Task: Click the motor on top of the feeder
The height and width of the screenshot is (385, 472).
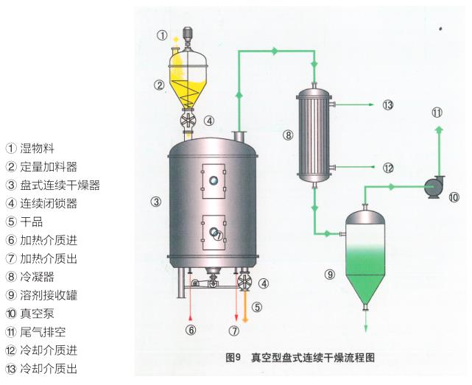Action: click(188, 34)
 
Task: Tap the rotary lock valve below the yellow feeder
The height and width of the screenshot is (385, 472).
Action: click(189, 120)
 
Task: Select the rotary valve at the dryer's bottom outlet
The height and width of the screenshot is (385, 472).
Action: click(244, 282)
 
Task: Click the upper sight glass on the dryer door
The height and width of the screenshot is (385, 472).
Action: click(214, 180)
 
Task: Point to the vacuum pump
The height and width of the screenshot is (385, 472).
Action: click(434, 187)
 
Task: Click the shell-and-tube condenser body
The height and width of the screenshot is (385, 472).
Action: click(314, 135)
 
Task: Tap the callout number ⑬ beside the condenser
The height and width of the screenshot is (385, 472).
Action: click(388, 105)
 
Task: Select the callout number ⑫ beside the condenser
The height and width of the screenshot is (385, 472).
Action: click(388, 168)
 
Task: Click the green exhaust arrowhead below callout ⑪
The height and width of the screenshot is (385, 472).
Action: click(440, 130)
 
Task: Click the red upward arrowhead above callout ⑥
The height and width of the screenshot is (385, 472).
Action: click(190, 318)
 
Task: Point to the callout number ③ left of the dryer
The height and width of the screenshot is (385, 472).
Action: click(156, 202)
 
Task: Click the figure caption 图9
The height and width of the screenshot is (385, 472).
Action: click(233, 358)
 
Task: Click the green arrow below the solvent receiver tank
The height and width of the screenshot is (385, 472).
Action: click(366, 321)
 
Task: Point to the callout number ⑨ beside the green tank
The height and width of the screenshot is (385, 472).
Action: click(330, 275)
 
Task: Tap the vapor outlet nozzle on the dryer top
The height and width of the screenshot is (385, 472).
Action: click(239, 135)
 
